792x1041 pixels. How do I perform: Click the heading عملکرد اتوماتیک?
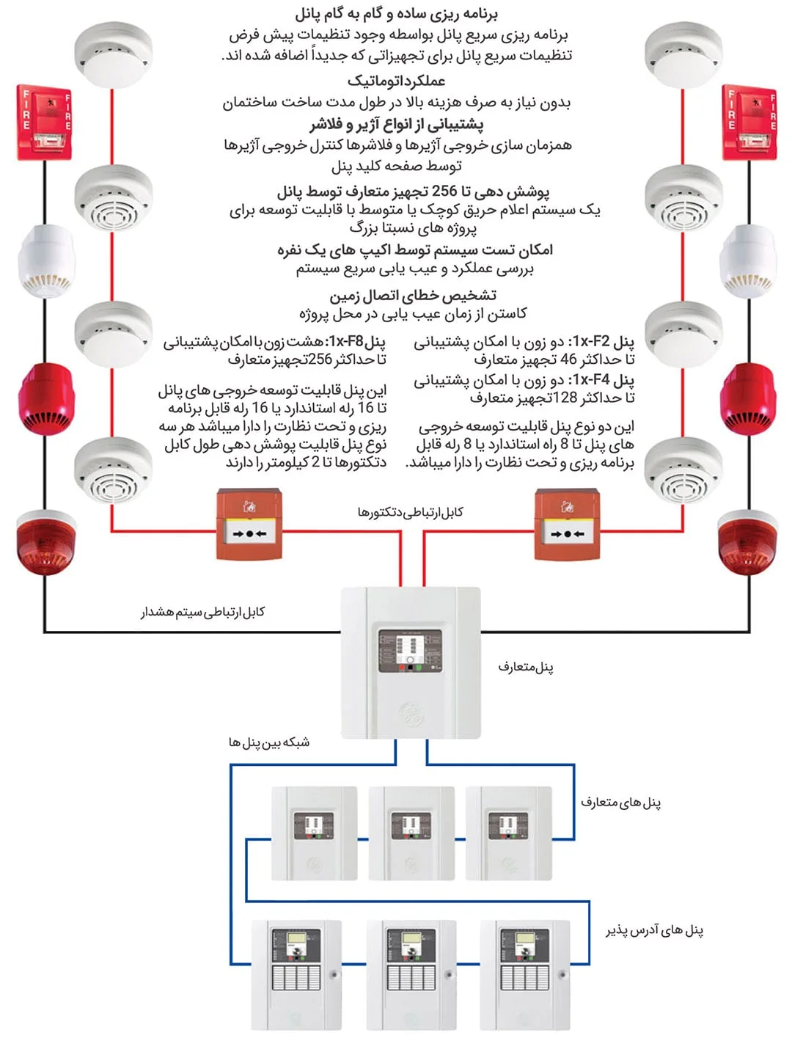click(x=396, y=81)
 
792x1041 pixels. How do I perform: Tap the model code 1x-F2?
click(x=590, y=342)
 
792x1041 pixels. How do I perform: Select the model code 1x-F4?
click(x=590, y=380)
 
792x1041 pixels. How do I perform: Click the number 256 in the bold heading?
click(x=444, y=191)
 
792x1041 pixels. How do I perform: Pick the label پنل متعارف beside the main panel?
click(x=526, y=667)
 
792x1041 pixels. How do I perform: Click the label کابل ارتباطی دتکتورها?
click(x=411, y=512)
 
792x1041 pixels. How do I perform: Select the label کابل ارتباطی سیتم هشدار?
click(x=203, y=612)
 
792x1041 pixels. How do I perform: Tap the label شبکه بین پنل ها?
click(x=268, y=742)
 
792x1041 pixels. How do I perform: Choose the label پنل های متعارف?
click(x=620, y=803)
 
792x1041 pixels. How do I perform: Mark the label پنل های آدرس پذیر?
click(x=654, y=930)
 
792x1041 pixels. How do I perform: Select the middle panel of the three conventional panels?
click(x=411, y=833)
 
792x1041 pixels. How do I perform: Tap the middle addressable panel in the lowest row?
click(x=411, y=974)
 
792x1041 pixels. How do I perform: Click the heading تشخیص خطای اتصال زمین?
click(x=413, y=296)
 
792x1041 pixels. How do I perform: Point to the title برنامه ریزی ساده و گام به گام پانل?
click(x=396, y=14)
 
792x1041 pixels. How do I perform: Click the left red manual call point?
click(x=249, y=525)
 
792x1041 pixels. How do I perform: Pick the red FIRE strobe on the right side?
click(x=749, y=123)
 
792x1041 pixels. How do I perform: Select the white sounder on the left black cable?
click(x=45, y=260)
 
